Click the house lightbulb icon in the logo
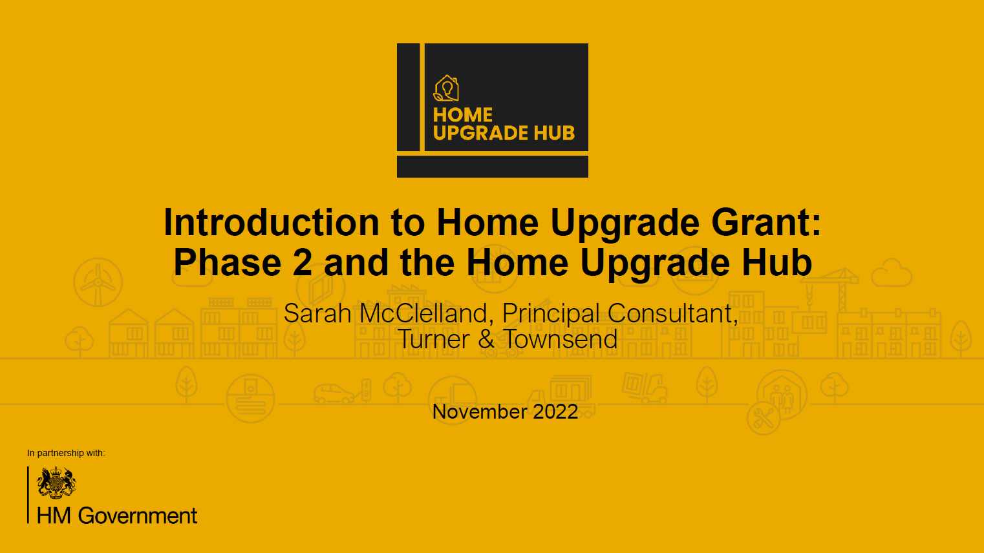tap(446, 89)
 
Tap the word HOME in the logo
tap(463, 115)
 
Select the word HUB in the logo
tap(554, 133)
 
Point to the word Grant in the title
tap(761, 223)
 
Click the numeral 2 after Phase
tap(303, 264)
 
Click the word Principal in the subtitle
tap(551, 314)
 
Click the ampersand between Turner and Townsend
tap(486, 340)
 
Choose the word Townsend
tap(561, 340)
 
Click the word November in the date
tap(479, 412)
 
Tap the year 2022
tap(555, 412)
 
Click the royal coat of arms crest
tap(56, 483)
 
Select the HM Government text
tap(117, 516)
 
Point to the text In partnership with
tap(66, 453)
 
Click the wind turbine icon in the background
tap(98, 282)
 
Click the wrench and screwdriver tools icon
tap(764, 418)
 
